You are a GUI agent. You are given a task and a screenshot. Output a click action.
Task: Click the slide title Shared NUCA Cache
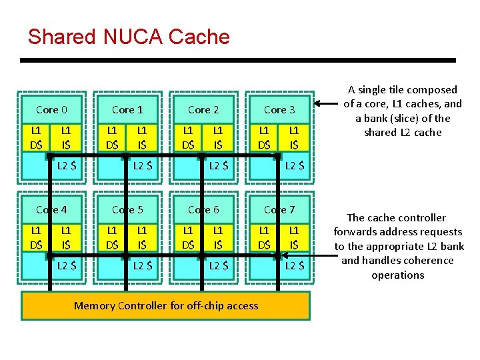[129, 37]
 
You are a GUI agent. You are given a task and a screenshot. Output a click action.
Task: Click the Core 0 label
[51, 109]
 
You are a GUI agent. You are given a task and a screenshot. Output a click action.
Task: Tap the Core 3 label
[279, 109]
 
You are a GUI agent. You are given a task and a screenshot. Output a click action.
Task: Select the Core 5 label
[127, 209]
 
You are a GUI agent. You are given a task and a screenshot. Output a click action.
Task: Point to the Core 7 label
[279, 209]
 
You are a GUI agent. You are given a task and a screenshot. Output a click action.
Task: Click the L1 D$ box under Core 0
[36, 137]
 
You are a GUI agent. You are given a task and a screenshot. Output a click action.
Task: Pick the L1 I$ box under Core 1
[142, 137]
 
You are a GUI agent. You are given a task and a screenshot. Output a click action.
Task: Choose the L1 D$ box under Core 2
[188, 137]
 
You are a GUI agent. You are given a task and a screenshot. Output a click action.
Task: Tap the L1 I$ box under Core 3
[294, 137]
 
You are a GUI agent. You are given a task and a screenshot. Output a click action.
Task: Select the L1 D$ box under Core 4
[36, 237]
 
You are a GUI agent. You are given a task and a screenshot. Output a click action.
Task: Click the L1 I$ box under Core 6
[218, 237]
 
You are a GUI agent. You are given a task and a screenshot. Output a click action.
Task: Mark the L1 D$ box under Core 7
[264, 237]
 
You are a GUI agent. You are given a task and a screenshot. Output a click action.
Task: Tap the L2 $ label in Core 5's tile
[142, 266]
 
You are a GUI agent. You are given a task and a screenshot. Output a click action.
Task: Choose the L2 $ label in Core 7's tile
[294, 266]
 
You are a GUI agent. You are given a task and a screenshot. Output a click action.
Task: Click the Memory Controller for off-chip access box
[166, 305]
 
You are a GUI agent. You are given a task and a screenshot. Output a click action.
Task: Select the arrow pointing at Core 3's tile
[326, 104]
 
